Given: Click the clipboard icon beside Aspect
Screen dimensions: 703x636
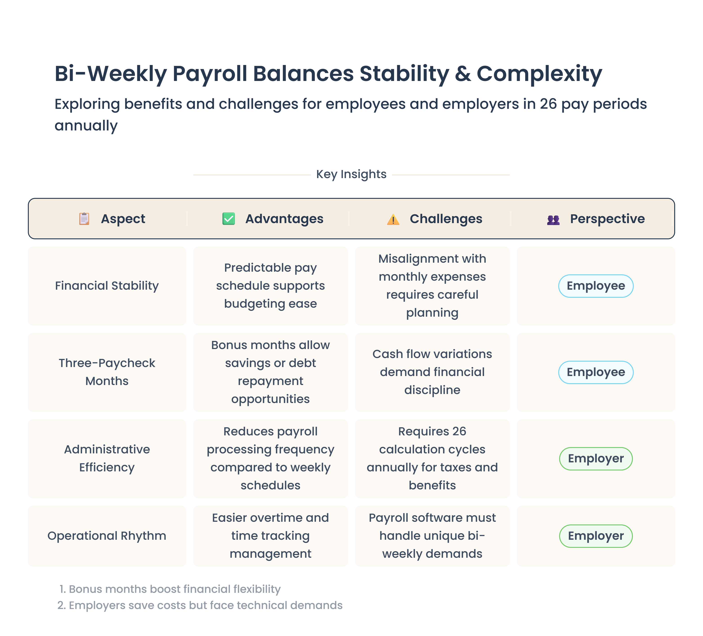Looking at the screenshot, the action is coord(84,219).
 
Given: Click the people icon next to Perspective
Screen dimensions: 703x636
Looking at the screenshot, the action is coord(553,220).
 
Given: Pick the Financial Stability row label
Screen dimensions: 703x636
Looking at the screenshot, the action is coord(107,286).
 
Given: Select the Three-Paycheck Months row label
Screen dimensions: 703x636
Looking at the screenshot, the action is coord(107,372).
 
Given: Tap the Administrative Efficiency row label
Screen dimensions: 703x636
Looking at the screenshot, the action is coord(107,458).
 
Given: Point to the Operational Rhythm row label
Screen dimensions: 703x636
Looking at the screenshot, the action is coord(107,536).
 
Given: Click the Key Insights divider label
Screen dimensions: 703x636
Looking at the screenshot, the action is coord(351,174).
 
